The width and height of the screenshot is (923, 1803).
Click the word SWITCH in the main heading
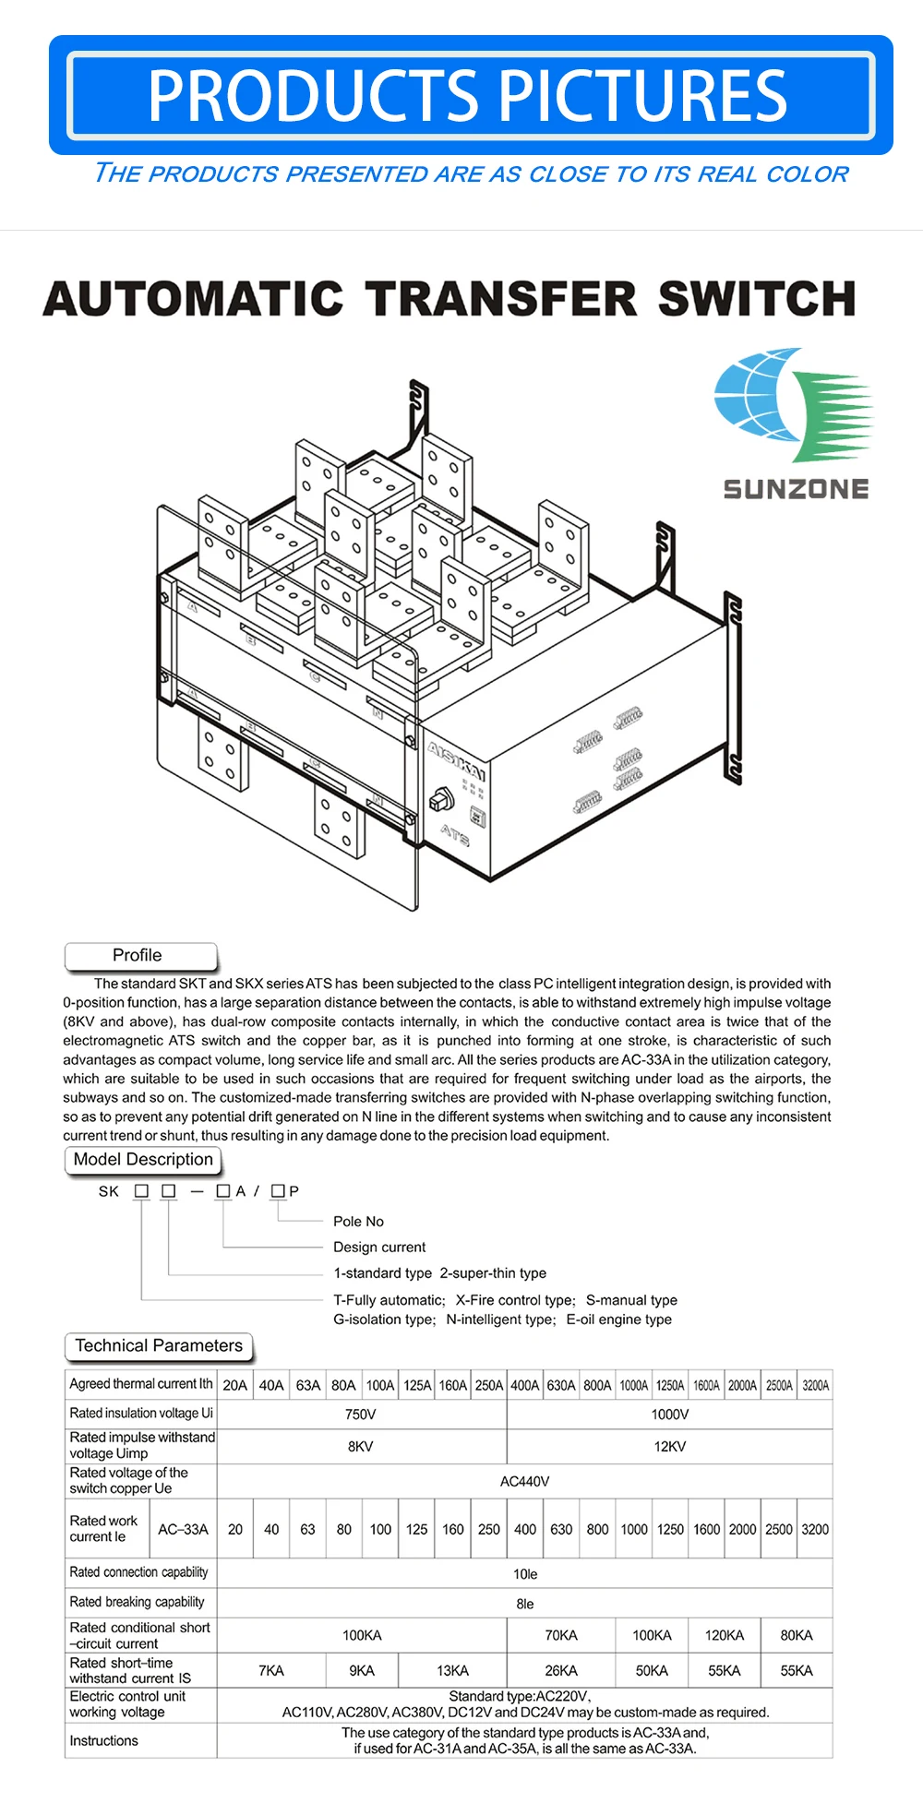pyautogui.click(x=757, y=299)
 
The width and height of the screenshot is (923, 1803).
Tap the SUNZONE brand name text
pyautogui.click(x=796, y=489)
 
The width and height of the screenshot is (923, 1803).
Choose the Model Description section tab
pyautogui.click(x=143, y=1160)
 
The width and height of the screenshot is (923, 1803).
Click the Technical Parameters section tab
pyautogui.click(x=159, y=1346)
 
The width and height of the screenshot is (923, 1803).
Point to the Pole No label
pyautogui.click(x=358, y=1222)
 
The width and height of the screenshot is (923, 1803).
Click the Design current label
pyautogui.click(x=379, y=1248)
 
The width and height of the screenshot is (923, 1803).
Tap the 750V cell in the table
pyautogui.click(x=361, y=1415)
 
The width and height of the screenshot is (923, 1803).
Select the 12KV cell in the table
pyautogui.click(x=669, y=1447)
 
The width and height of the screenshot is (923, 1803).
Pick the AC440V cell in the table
pyautogui.click(x=524, y=1482)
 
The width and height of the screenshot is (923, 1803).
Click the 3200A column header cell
pyautogui.click(x=815, y=1385)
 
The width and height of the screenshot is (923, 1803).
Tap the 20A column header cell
pyautogui.click(x=235, y=1385)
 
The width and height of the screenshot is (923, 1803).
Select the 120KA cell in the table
pyautogui.click(x=724, y=1635)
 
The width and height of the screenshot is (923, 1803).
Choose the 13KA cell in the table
pyautogui.click(x=452, y=1671)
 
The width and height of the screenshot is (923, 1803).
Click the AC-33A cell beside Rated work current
pyautogui.click(x=183, y=1529)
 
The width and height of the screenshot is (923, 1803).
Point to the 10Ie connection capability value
pyautogui.click(x=524, y=1574)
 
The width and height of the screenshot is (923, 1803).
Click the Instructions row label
pyautogui.click(x=103, y=1740)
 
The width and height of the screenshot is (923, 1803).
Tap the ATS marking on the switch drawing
pyautogui.click(x=454, y=834)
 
